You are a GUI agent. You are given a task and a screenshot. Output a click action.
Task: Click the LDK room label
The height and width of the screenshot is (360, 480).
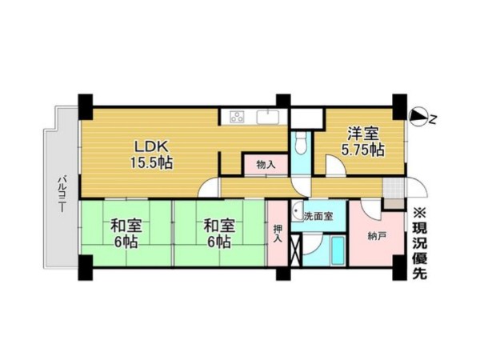tap(151, 147)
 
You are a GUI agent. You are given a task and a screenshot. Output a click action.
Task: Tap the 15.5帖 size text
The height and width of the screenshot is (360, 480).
tap(151, 162)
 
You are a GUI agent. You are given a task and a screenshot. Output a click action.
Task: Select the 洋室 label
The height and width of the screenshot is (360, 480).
tap(363, 134)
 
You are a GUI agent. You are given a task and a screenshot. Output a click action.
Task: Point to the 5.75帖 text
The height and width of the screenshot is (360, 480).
tap(362, 150)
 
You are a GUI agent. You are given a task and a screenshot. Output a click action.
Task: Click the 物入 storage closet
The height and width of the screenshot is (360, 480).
tap(266, 165)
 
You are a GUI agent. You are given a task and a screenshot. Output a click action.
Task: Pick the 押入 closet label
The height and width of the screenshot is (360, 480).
tap(278, 234)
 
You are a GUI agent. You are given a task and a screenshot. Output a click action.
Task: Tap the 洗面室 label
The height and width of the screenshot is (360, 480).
tap(318, 216)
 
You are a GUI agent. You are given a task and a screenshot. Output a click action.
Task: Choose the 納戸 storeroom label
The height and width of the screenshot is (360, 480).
tap(377, 236)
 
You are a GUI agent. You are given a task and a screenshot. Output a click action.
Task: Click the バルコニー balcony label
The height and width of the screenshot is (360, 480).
tap(62, 193)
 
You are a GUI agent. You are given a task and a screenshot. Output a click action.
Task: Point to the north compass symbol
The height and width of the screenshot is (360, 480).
tap(418, 118)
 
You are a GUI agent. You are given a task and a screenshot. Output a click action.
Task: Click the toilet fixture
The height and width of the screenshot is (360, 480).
tap(302, 142)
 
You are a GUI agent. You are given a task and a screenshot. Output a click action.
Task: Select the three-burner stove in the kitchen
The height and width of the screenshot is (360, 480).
tap(238, 117)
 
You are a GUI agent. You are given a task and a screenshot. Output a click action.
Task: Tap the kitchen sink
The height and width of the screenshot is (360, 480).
tap(267, 118)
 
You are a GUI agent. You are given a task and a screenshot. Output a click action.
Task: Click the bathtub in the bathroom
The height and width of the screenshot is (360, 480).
tap(338, 250)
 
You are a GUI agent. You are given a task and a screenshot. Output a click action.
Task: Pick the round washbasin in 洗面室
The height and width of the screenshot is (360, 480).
tap(297, 211)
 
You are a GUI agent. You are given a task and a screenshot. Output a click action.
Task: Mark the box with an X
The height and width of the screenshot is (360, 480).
tap(296, 249)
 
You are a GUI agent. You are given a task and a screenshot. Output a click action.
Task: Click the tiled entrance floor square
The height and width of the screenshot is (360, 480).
tap(394, 187)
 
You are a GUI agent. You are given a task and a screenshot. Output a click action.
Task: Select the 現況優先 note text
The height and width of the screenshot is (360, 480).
tap(419, 243)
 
